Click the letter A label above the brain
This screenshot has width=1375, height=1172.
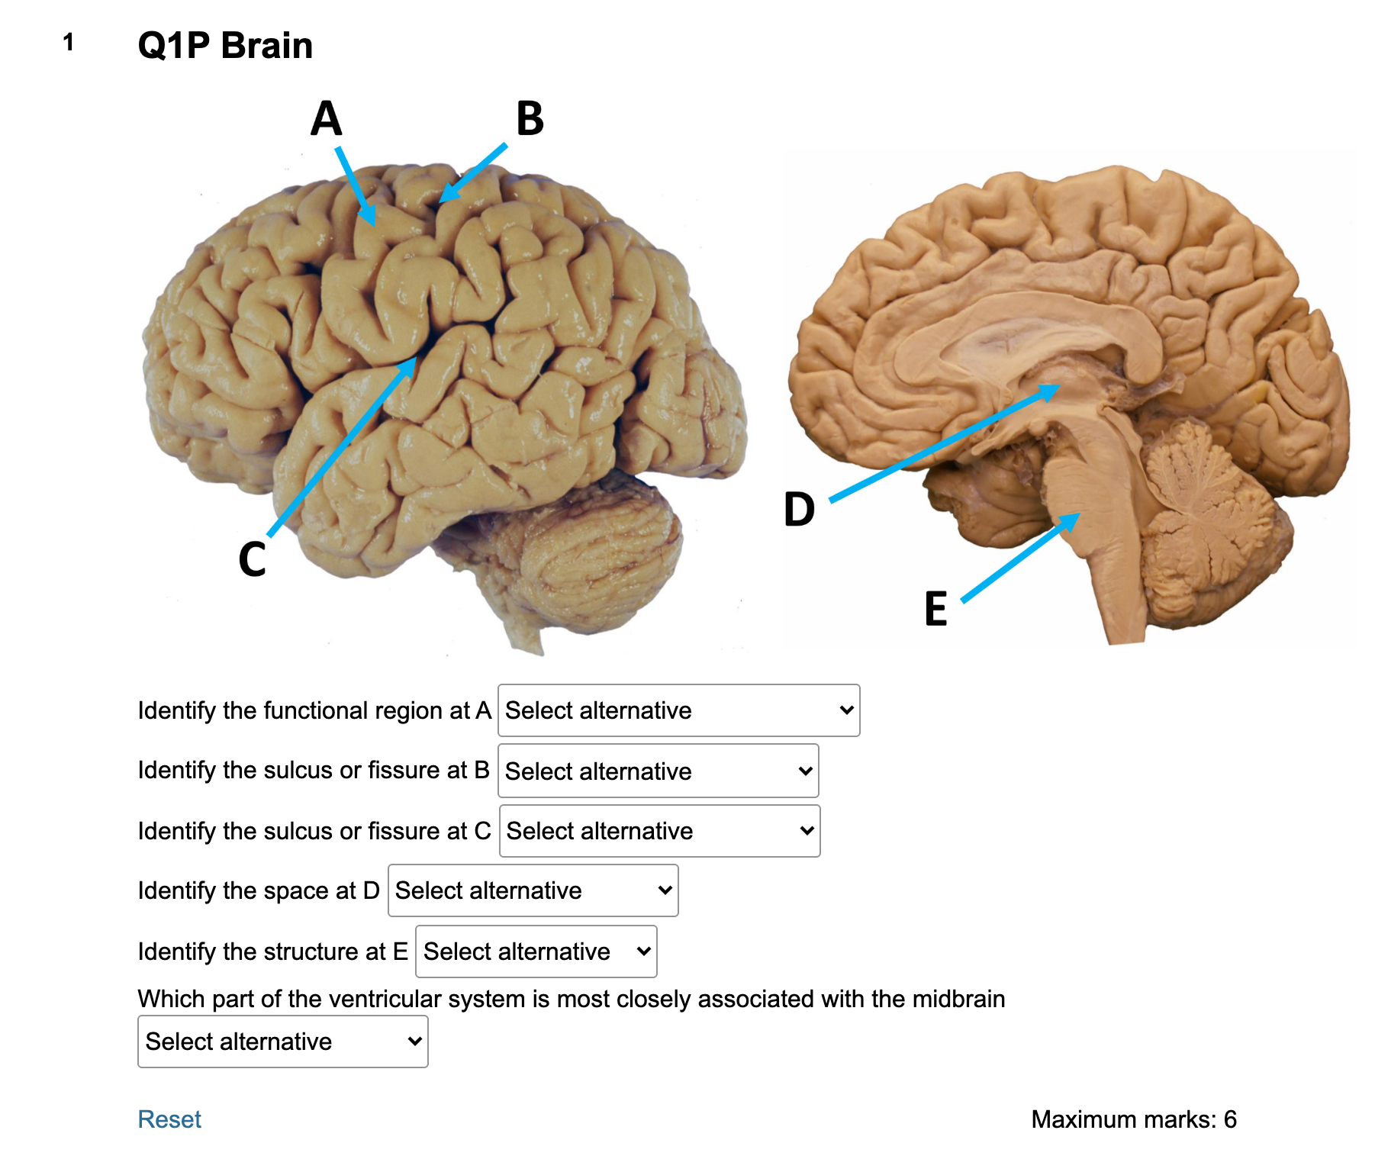pyautogui.click(x=326, y=118)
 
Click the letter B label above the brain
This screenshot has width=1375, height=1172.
pyautogui.click(x=530, y=118)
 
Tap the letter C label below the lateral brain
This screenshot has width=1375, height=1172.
pyautogui.click(x=253, y=559)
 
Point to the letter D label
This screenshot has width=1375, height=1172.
pyautogui.click(x=800, y=509)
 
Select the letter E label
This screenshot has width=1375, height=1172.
pyautogui.click(x=936, y=608)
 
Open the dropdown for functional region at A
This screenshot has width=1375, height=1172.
pyautogui.click(x=678, y=710)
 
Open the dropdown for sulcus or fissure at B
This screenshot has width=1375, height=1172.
pyautogui.click(x=658, y=771)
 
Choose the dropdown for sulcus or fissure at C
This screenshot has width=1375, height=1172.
pyautogui.click(x=659, y=831)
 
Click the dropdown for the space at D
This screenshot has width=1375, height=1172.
pyautogui.click(x=533, y=890)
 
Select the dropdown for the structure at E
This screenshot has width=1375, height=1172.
pyautogui.click(x=536, y=951)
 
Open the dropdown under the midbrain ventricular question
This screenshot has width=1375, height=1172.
pyautogui.click(x=282, y=1042)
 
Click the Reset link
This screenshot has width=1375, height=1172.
pyautogui.click(x=169, y=1119)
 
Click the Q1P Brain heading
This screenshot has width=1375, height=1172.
pyautogui.click(x=225, y=45)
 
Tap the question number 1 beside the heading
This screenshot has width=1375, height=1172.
pyautogui.click(x=69, y=42)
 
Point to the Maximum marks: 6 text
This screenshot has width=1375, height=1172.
pyautogui.click(x=1134, y=1119)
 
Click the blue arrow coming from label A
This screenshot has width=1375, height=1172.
pyautogui.click(x=356, y=186)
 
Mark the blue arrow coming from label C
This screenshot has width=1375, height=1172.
pyautogui.click(x=342, y=446)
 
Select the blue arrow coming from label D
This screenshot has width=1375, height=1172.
pyautogui.click(x=945, y=443)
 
